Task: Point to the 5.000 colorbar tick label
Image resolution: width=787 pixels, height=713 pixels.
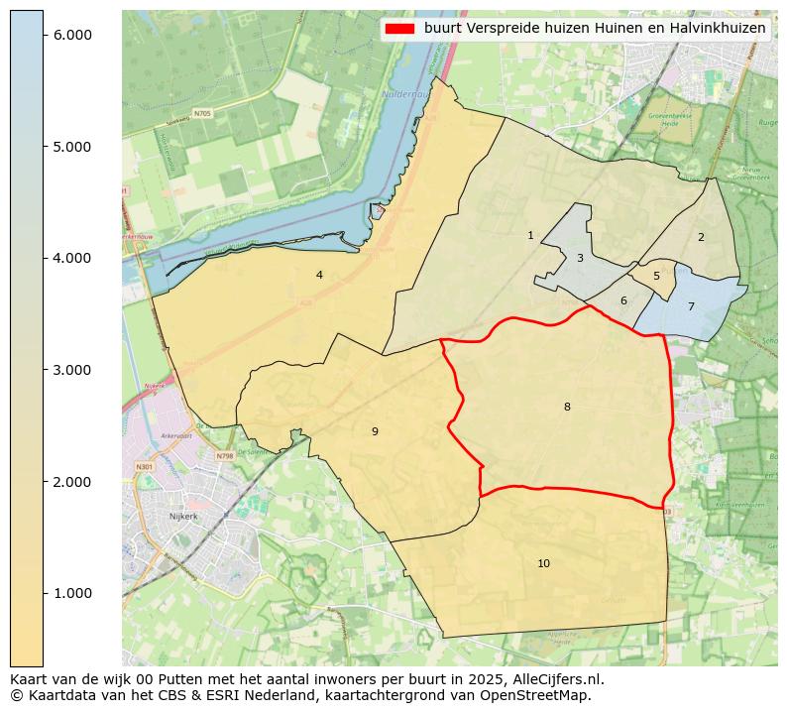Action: [x=71, y=147]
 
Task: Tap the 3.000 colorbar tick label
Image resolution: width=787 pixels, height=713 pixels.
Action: [x=71, y=370]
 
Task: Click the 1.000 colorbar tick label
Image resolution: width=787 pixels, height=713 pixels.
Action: [x=71, y=593]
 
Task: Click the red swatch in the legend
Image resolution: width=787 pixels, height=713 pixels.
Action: [x=400, y=29]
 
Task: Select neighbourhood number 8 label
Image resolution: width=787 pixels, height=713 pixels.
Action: [x=567, y=407]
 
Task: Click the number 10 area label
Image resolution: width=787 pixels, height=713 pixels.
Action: [x=543, y=563]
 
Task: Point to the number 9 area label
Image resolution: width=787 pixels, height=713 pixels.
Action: [x=375, y=431]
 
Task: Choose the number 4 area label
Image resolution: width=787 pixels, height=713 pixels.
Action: [x=319, y=275]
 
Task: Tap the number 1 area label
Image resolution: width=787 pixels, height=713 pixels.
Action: [x=530, y=235]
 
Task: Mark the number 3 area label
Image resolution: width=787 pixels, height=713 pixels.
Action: [x=580, y=258]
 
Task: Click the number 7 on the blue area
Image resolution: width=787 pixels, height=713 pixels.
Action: [x=691, y=306]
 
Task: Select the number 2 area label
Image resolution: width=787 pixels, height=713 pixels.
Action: [x=701, y=237]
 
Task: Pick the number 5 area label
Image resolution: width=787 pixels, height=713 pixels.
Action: [x=656, y=276]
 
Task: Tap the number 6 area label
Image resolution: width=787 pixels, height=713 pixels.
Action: [x=623, y=300]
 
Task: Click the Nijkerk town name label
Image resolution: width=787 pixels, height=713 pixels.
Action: [x=183, y=517]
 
